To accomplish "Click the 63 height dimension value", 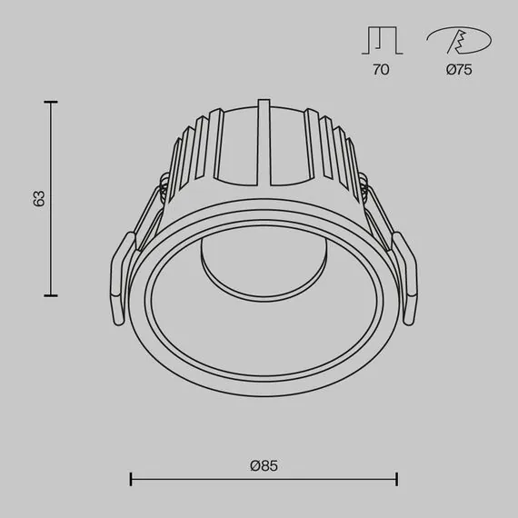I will click(38, 198).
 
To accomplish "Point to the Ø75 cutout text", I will click(459, 70).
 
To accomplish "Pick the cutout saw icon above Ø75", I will click(459, 42).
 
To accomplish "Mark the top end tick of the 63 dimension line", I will click(50, 102).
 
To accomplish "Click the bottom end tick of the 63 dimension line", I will click(50, 295).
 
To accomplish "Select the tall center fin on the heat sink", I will click(264, 132).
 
